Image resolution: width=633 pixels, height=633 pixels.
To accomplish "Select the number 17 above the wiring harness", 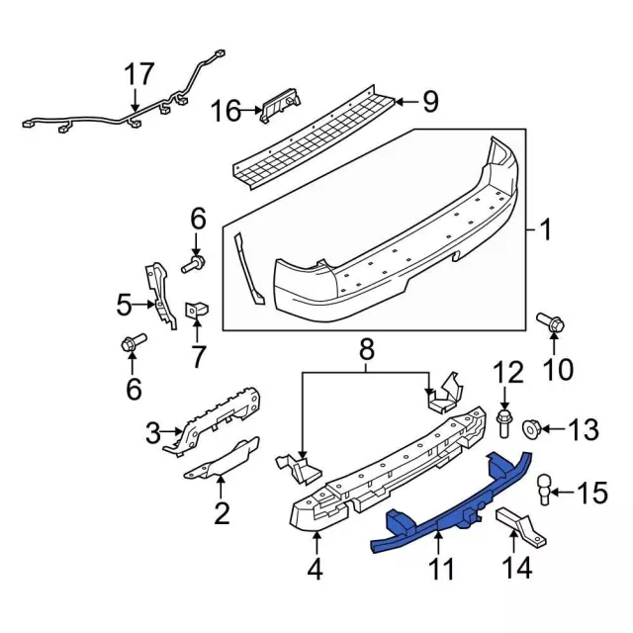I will [139, 74].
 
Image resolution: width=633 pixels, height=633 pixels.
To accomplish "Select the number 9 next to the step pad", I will [429, 101].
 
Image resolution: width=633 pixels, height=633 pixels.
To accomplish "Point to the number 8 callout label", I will [366, 348].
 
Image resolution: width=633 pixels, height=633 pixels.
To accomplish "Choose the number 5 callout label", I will [124, 305].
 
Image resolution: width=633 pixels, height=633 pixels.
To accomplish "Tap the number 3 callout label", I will [152, 432].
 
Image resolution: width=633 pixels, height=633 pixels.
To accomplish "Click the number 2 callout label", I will [221, 512].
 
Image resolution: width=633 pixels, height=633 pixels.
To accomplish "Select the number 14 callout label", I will [517, 567].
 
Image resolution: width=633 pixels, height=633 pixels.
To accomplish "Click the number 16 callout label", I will [226, 110].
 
